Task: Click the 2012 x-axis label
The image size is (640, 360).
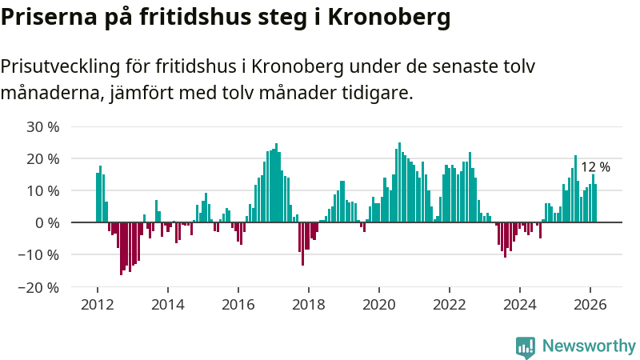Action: tap(98, 304)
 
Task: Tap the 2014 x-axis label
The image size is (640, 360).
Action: tap(168, 304)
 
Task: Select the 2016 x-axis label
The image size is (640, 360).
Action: tap(238, 304)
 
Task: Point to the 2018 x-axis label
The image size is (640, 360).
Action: tap(309, 304)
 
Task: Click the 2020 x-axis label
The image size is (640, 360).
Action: tap(379, 304)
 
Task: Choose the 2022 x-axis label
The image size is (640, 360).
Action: tap(450, 304)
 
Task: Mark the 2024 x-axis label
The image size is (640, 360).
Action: tap(520, 304)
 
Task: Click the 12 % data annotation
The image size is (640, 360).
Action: tap(595, 167)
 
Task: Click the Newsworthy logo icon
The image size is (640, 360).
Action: tap(526, 346)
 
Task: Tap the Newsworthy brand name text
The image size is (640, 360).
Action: tap(589, 346)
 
